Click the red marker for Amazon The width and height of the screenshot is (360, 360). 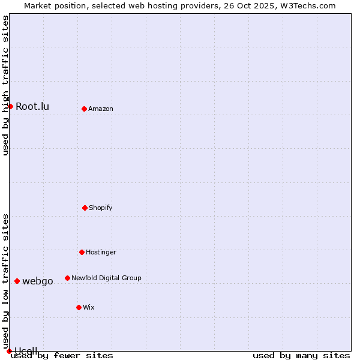84,109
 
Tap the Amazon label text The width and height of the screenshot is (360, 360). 101,109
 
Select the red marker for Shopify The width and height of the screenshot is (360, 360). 85,208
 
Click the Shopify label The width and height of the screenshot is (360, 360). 101,208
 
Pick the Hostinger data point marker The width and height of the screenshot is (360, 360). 82,252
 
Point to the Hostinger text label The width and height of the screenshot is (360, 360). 101,252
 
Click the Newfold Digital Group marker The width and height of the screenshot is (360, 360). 67,278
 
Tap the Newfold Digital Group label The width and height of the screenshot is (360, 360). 106,278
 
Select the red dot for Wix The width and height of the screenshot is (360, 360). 79,307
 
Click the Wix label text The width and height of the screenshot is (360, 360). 89,307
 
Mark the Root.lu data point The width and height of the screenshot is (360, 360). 10,106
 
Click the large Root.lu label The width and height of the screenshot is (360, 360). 32,107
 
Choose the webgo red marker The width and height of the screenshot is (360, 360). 17,281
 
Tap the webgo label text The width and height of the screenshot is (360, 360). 38,281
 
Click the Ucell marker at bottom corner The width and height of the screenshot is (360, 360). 9,351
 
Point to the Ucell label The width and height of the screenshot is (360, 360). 26,350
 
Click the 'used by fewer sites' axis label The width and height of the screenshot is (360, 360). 62,356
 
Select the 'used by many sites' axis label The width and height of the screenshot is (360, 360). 301,356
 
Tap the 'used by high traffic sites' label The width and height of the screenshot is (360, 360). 6,85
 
